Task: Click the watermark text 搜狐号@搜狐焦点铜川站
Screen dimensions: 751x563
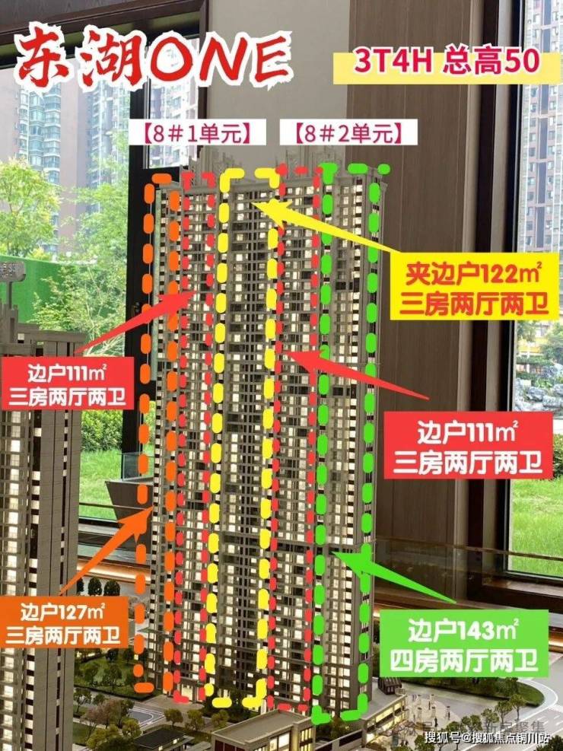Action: click(x=491, y=737)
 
